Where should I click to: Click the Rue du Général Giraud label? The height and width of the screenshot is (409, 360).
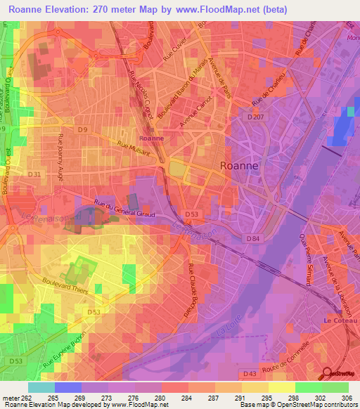click(122, 209)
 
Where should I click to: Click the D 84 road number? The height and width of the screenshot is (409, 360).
click(255, 239)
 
